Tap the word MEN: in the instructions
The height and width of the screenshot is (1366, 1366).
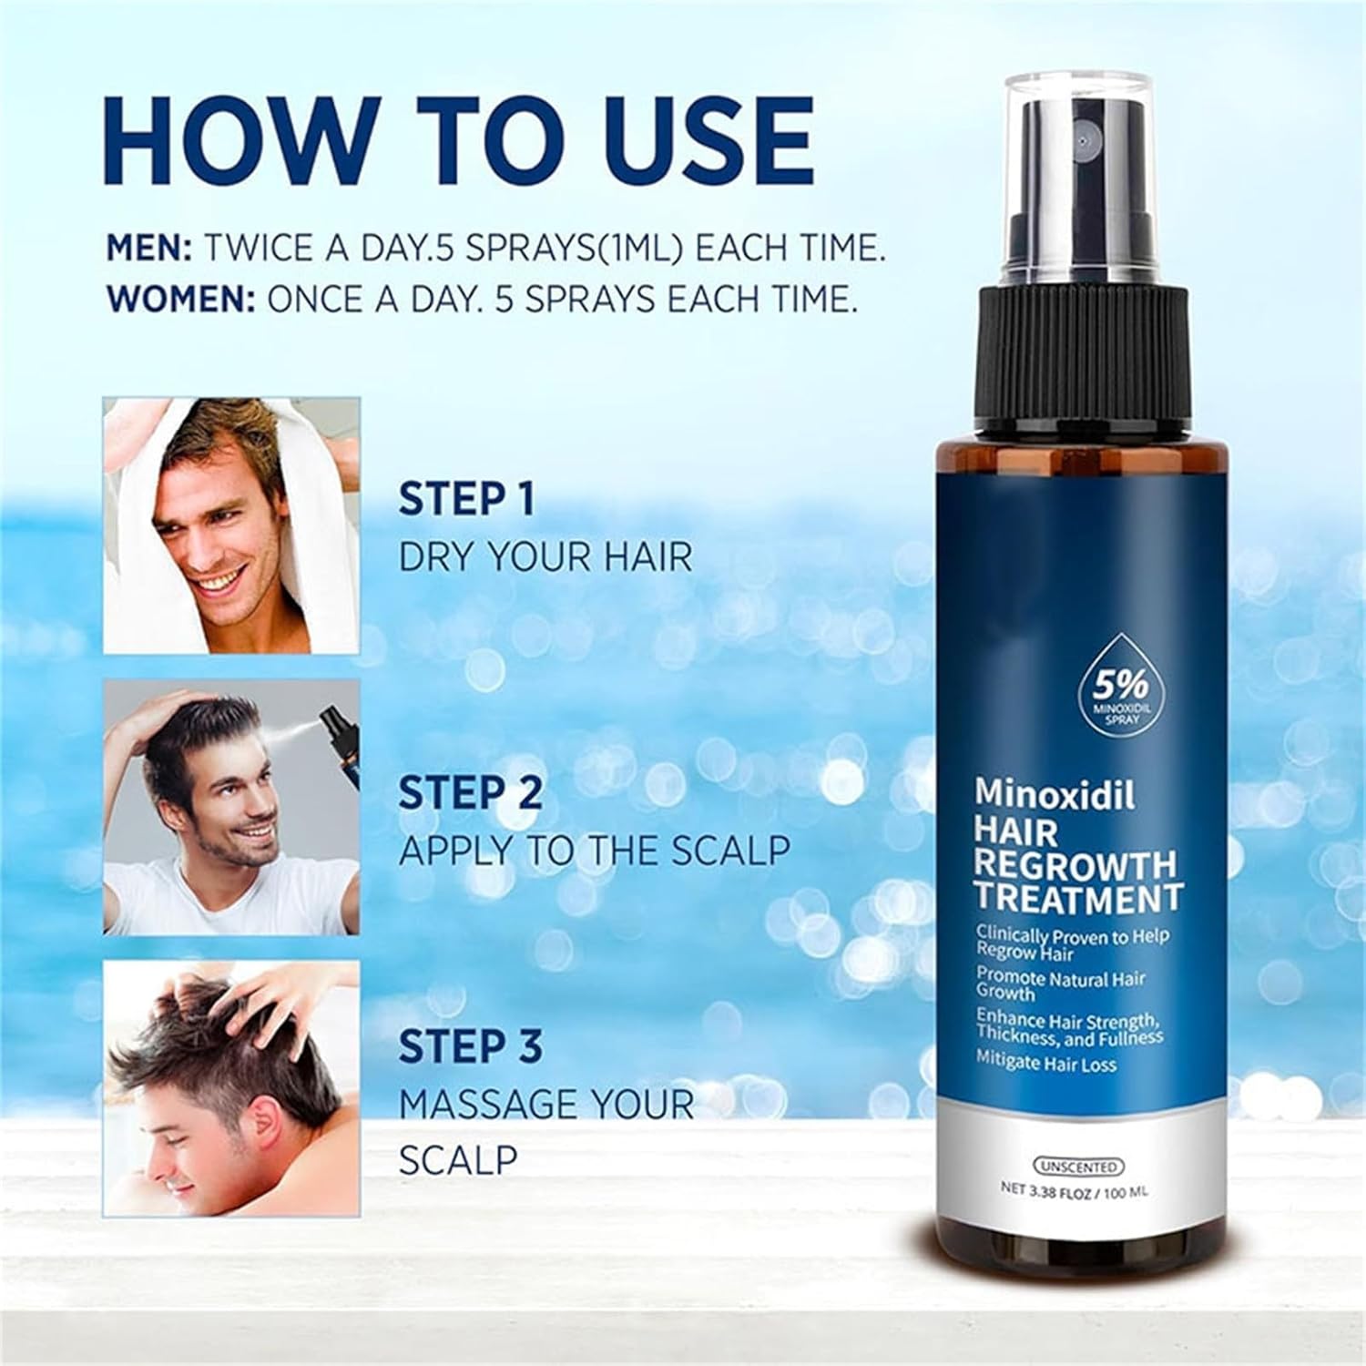pos(149,248)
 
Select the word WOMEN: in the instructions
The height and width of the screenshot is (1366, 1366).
pos(180,301)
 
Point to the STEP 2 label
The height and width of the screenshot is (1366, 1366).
pos(471,792)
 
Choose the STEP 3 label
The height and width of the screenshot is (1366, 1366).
pos(471,1046)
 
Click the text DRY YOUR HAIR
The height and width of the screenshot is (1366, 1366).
pos(545,557)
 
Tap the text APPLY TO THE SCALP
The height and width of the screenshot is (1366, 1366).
pos(594,851)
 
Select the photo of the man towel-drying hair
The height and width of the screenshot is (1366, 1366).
pos(231,525)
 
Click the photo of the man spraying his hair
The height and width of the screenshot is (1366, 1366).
pos(231,807)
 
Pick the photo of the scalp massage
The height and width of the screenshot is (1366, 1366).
pos(231,1088)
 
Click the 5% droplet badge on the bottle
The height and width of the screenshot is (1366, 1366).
pos(1107,699)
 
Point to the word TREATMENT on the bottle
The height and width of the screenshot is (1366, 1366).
pos(1078,898)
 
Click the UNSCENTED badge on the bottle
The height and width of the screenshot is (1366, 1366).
pos(1080,1166)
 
